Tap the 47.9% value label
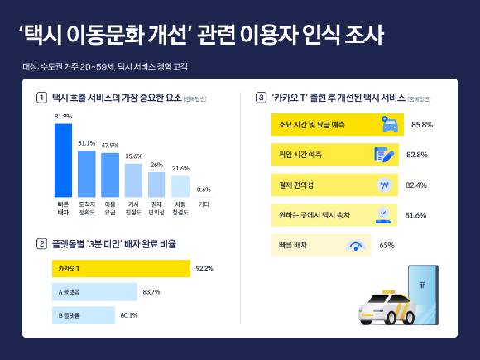click(110, 145)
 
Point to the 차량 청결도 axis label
click(180, 207)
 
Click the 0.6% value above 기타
click(204, 189)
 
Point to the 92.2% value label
click(204, 269)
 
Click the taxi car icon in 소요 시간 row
click(386, 125)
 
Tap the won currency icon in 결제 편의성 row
click(383, 185)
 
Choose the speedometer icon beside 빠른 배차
click(356, 245)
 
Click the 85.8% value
click(422, 125)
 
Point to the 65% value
click(386, 245)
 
